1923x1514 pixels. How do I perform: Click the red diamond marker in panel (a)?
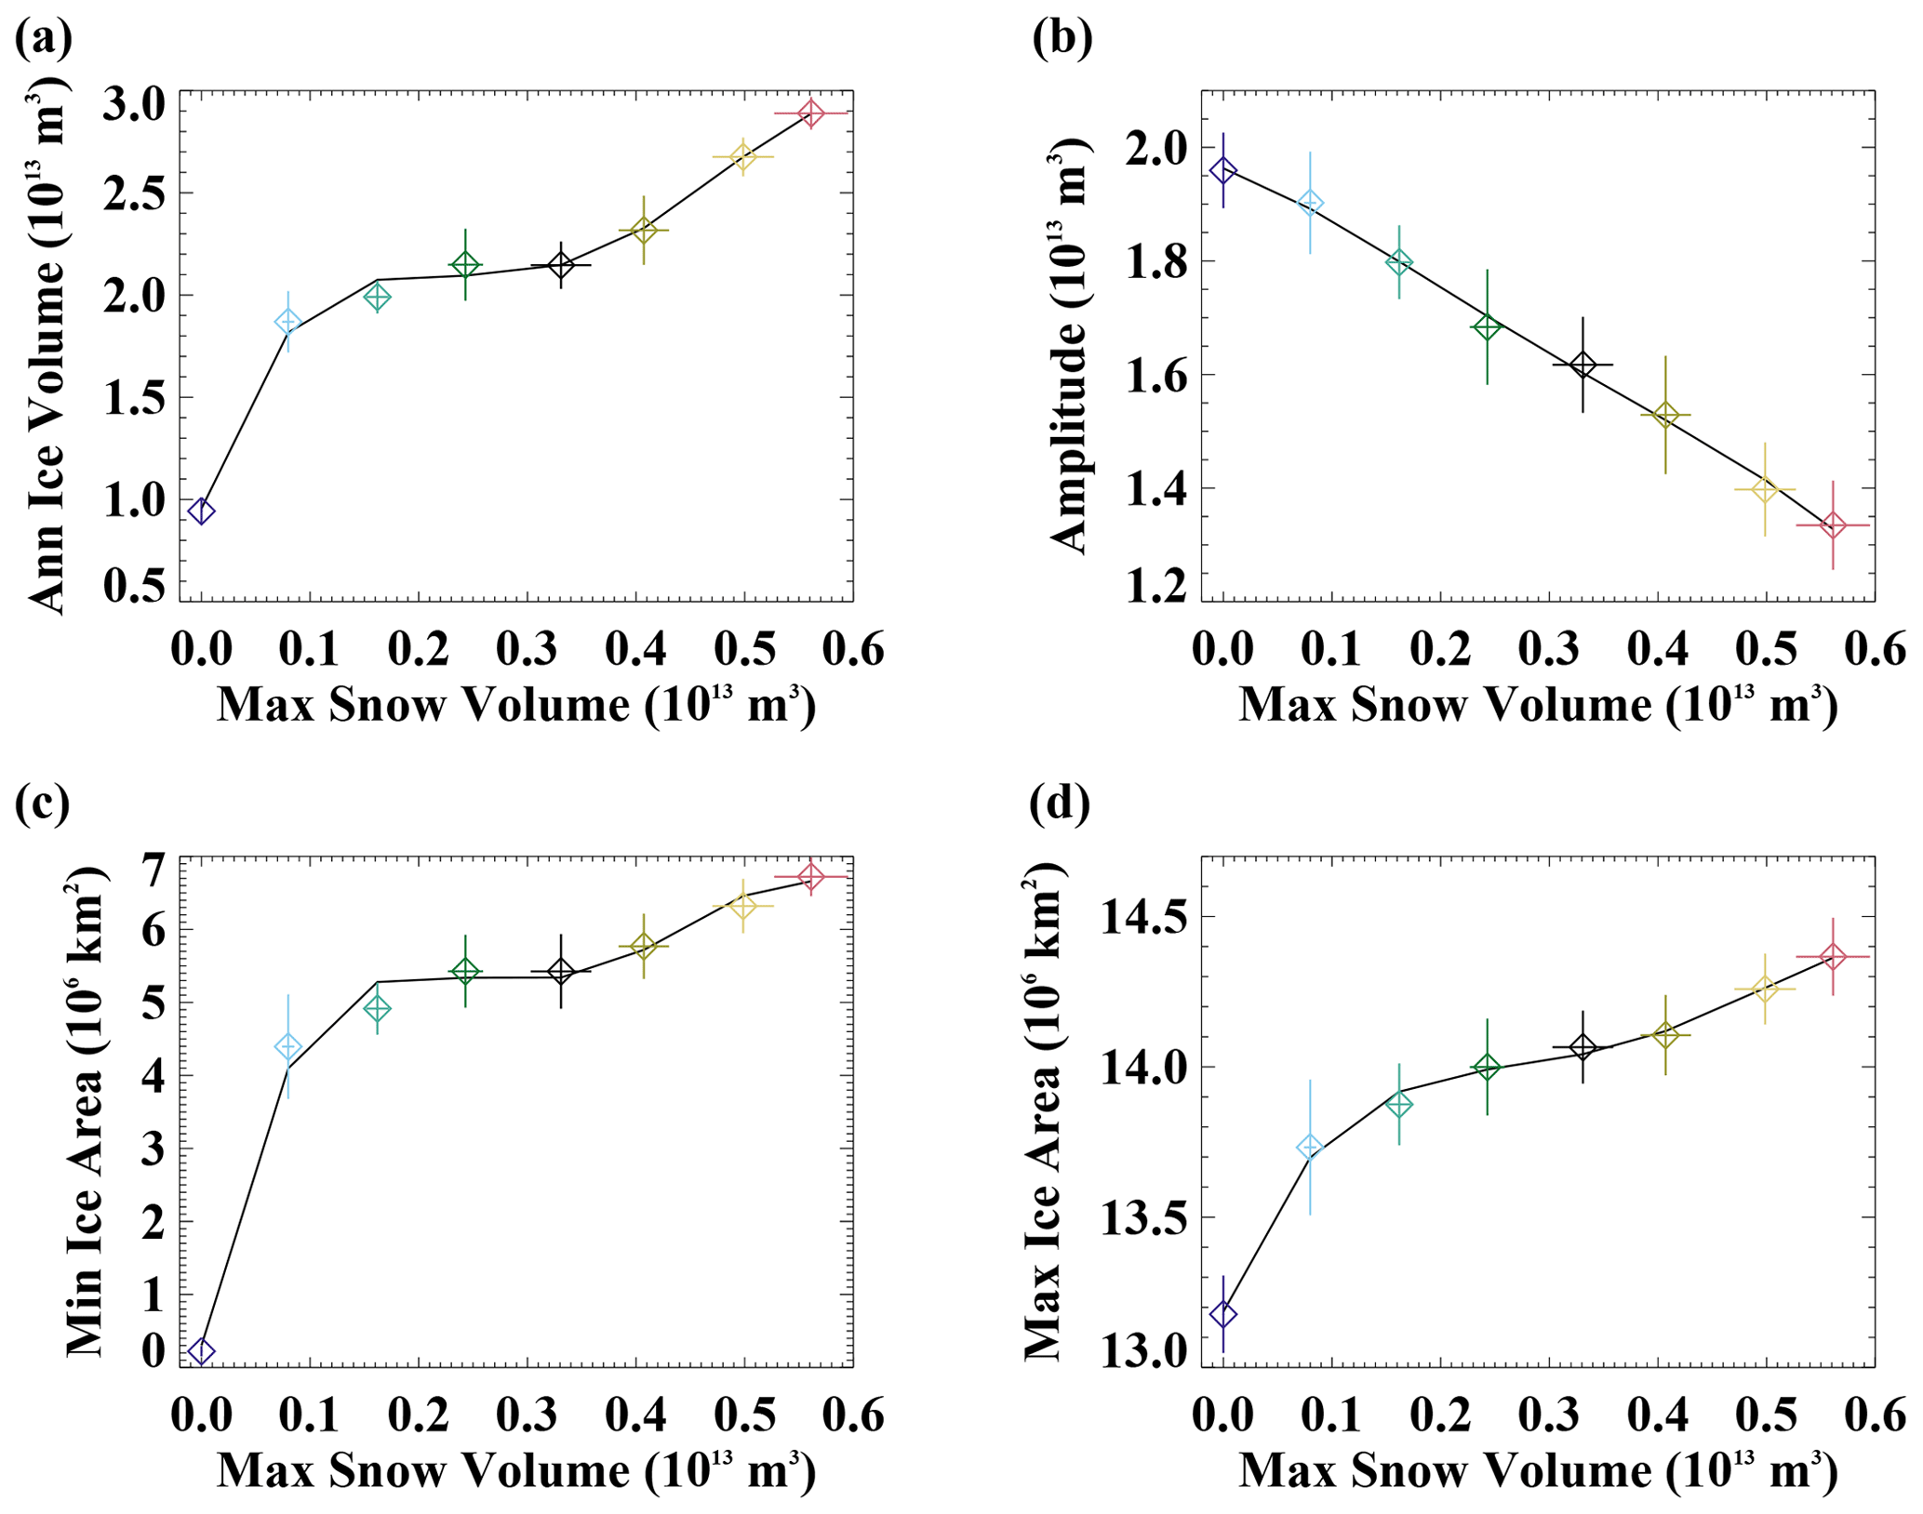[x=811, y=113]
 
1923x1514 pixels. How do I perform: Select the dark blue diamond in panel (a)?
[x=201, y=511]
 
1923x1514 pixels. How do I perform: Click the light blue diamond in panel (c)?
[x=288, y=1047]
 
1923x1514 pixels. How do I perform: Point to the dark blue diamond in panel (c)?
[x=201, y=1351]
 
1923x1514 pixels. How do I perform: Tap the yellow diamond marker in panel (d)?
[x=1764, y=989]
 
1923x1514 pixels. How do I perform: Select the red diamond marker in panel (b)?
[x=1833, y=525]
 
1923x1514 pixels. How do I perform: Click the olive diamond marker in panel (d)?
[x=1665, y=1034]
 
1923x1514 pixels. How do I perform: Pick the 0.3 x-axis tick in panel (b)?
[x=1549, y=650]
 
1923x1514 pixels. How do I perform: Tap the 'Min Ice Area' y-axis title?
[x=86, y=1111]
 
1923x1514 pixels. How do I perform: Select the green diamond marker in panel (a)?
[x=465, y=265]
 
